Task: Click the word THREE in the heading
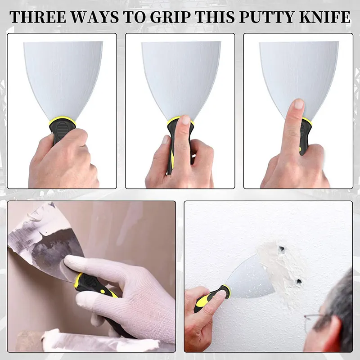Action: (38, 17)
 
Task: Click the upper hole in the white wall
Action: (282, 249)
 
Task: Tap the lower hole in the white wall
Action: (298, 282)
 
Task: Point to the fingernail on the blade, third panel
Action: (299, 105)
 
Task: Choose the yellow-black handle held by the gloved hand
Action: (97, 290)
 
